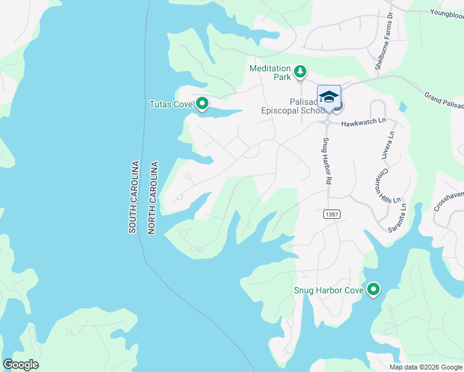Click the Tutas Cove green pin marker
coord(202,104)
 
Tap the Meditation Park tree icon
coord(300,72)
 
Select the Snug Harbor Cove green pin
coord(373,290)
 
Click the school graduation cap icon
coord(329,97)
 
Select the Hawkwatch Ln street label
coord(363,123)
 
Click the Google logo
coord(20,365)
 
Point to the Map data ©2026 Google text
coord(425,367)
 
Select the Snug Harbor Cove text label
coord(328,291)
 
